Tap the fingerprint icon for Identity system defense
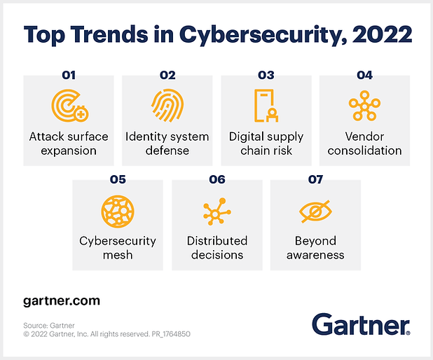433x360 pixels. coord(167,105)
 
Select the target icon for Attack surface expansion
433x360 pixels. coord(69,106)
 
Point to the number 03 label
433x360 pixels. coord(266,75)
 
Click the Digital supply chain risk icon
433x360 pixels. coord(266,106)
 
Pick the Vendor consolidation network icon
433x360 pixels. coord(364,106)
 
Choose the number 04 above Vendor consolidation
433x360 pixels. coord(364,75)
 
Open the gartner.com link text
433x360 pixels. coord(62,301)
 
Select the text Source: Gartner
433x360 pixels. coord(51,324)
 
